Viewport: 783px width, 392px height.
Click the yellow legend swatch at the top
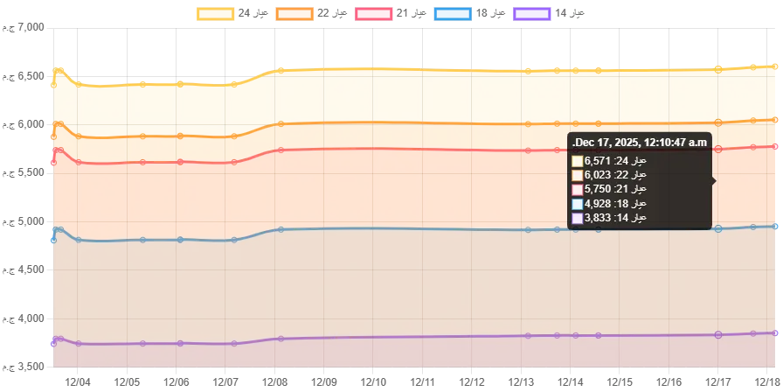point(216,14)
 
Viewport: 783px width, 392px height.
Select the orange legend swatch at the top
point(294,14)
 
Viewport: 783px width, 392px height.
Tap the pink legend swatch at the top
point(374,14)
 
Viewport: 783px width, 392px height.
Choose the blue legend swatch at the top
point(454,14)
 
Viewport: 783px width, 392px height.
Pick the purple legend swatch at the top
point(531,14)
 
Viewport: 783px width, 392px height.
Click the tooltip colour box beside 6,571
point(578,161)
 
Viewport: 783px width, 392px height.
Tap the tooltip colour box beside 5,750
point(578,189)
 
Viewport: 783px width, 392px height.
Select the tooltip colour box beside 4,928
point(578,203)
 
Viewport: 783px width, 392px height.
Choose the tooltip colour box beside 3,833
point(578,217)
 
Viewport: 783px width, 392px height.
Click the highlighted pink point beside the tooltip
point(718,150)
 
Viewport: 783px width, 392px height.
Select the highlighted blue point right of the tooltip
point(718,228)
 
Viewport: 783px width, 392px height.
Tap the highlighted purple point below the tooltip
point(718,334)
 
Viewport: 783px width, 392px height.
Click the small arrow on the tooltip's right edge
point(714,181)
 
